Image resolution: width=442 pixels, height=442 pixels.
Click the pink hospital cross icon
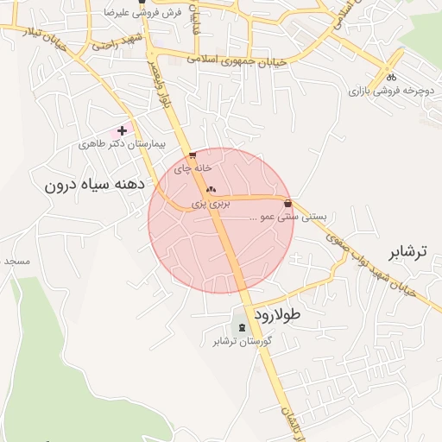pos(122,131)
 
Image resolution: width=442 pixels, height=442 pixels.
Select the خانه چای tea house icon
pos(192,156)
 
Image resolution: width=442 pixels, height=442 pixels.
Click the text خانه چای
pos(193,169)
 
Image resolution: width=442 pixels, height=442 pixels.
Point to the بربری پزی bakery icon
pos(212,189)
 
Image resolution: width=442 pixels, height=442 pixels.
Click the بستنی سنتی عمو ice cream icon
pos(287,205)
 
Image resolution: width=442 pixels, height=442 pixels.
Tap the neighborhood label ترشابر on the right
pos(407,252)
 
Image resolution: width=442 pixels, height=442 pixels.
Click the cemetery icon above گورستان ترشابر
pos(242,327)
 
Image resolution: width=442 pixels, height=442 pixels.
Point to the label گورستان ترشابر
pos(243,341)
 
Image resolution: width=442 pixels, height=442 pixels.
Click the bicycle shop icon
pos(391,76)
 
